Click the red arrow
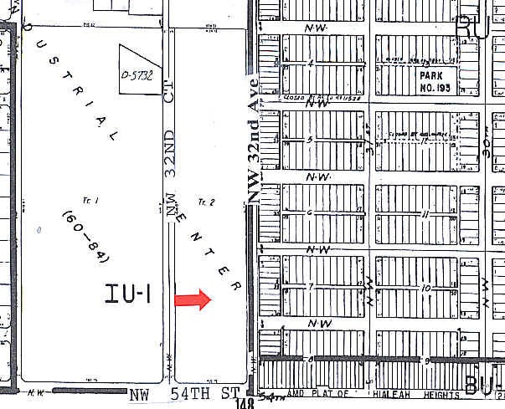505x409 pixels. coord(192,300)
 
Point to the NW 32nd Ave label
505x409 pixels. coord(251,138)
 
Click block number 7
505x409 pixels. coord(311,287)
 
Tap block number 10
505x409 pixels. coord(426,288)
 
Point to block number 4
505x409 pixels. coord(311,64)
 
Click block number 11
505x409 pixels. coord(426,214)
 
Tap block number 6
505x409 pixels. coord(311,213)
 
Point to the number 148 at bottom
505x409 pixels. coord(245,404)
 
